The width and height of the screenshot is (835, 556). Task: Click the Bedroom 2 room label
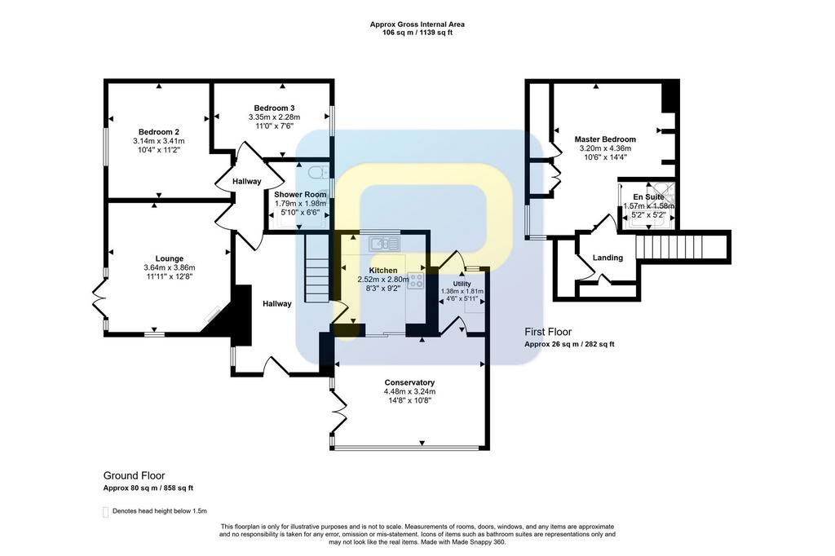(x=159, y=132)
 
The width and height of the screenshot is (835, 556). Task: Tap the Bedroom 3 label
(x=274, y=108)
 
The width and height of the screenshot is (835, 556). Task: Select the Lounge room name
(x=170, y=258)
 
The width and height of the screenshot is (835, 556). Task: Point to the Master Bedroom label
(x=605, y=139)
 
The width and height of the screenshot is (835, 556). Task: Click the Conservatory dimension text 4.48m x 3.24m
(x=409, y=391)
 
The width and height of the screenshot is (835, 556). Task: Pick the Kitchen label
(x=383, y=271)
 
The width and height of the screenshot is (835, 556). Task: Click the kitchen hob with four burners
(x=415, y=280)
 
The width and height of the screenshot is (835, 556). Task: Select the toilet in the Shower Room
(x=319, y=172)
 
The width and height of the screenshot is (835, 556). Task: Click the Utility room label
(x=462, y=284)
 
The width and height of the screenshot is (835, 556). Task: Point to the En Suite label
(x=648, y=197)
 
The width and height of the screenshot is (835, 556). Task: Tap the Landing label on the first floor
(x=607, y=258)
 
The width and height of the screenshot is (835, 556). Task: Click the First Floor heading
(x=548, y=332)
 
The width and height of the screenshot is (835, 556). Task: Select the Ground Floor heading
(x=135, y=475)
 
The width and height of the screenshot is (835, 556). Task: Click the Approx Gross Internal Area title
(x=417, y=24)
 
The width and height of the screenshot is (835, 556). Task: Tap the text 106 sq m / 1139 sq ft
(x=417, y=33)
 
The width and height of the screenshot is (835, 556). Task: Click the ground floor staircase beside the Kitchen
(x=316, y=269)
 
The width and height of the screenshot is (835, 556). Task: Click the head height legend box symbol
(x=105, y=512)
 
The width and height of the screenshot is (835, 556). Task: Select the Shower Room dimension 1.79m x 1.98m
(x=300, y=204)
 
